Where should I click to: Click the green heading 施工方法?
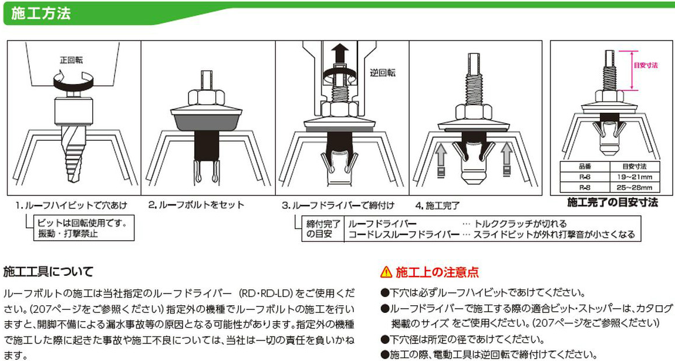[41, 14]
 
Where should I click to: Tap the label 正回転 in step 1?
[72, 60]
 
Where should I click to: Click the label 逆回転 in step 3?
[382, 73]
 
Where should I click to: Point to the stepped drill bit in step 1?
[73, 152]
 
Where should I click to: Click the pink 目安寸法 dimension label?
[646, 65]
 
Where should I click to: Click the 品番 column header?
[585, 167]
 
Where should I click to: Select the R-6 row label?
[585, 177]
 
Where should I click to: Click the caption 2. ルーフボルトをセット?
[196, 205]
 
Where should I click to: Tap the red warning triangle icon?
[386, 272]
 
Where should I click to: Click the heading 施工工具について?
[48, 272]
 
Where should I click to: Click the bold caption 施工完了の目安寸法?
[612, 203]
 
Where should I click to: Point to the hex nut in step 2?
[206, 97]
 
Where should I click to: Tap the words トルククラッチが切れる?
[520, 224]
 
